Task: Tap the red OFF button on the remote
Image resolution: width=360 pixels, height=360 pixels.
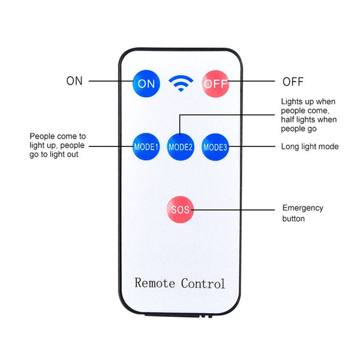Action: point(215,83)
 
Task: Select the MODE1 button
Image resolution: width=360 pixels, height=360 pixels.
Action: point(146,146)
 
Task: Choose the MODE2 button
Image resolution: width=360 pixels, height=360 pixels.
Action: point(181,146)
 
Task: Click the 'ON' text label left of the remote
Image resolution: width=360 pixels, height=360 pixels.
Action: point(74,81)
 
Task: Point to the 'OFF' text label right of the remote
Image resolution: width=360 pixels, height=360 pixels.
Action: point(293,82)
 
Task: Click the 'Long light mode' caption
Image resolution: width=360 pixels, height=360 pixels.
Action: point(310,146)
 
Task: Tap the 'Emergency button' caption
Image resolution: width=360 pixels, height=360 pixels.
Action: point(302,213)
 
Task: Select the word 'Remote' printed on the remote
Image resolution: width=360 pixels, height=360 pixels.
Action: point(155,283)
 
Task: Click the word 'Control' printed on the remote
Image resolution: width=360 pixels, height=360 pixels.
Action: point(203,283)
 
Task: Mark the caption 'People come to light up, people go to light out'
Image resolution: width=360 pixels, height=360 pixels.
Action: point(58,145)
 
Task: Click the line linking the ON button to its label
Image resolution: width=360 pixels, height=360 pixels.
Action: point(111,81)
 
